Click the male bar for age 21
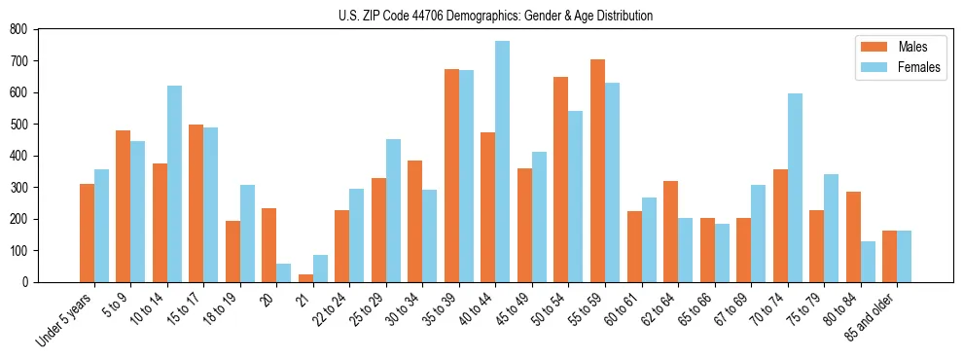(305, 277)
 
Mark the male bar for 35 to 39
(451, 175)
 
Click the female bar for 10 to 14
(174, 184)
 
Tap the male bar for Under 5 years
(87, 233)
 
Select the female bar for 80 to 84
(868, 262)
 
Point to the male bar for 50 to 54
(561, 179)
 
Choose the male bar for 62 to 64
(670, 232)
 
